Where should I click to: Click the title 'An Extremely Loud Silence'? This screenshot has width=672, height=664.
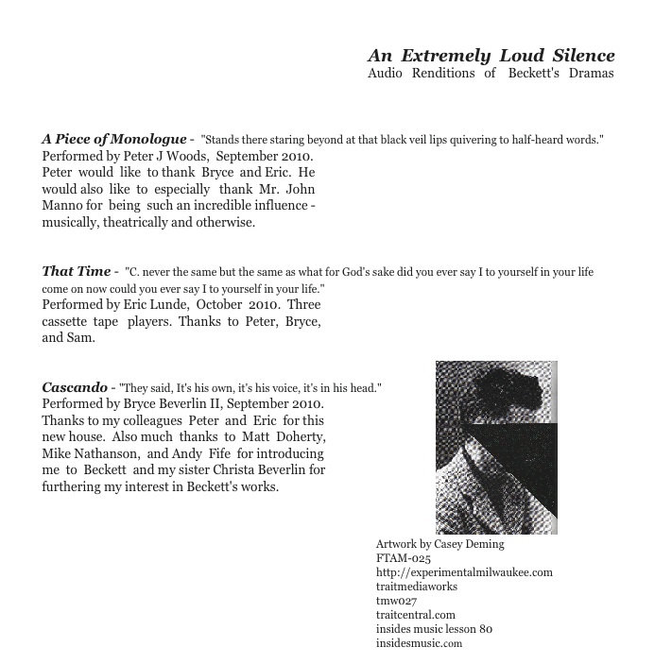coord(491,56)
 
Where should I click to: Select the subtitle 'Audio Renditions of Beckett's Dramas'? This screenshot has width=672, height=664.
coord(491,74)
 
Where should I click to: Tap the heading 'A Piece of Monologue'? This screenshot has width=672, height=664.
coord(114,139)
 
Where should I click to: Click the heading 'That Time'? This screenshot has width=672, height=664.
coord(77,271)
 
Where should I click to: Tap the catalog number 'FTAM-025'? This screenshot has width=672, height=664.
coord(404,558)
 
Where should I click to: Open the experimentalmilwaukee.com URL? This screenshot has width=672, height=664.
coord(464,572)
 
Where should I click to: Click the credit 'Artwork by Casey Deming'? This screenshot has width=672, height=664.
coord(439,544)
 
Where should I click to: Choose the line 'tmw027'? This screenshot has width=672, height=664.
coord(396,601)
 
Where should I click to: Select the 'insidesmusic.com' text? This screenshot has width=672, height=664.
coord(419,643)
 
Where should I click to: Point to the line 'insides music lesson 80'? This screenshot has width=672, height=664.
coord(434,629)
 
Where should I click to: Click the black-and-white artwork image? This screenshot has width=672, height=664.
coord(496,447)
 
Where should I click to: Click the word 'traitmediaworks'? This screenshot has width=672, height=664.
coord(417,587)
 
